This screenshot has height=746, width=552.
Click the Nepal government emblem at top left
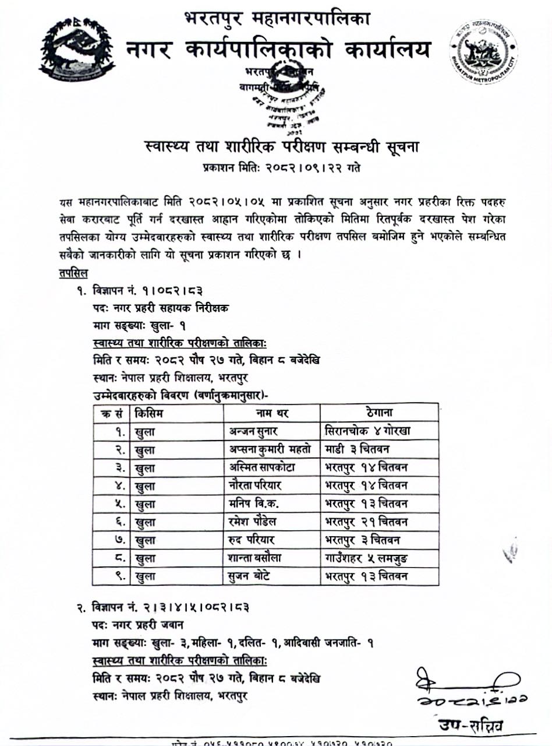click(x=77, y=52)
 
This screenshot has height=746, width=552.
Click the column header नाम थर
click(x=272, y=413)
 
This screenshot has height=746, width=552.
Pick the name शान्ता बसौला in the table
click(x=256, y=558)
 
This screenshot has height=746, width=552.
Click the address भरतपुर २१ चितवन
click(x=366, y=522)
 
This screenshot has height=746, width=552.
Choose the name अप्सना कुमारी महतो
click(x=270, y=449)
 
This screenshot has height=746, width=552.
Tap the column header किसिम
click(x=149, y=413)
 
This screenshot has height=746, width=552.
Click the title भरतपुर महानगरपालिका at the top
click(x=277, y=20)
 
